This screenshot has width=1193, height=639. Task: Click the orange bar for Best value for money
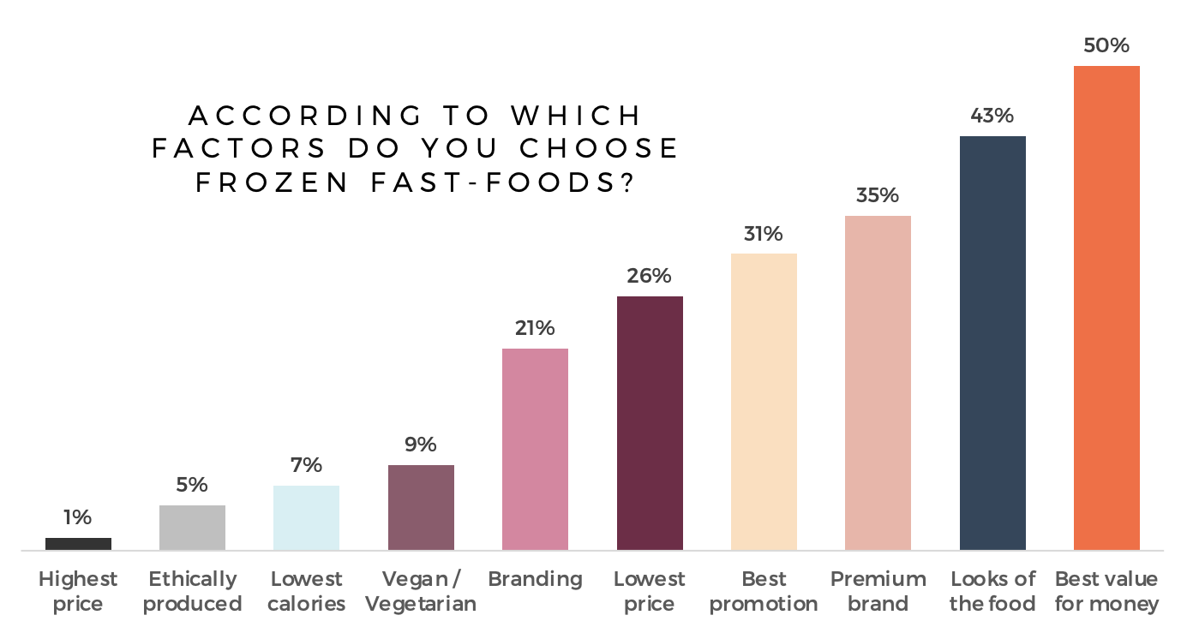1106,308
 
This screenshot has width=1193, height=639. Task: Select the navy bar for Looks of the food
992,343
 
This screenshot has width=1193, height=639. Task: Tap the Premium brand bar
878,382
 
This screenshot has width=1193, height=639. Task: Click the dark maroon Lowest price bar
650,422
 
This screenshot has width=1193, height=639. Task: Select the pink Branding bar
535,448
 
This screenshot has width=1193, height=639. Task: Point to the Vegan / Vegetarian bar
421,507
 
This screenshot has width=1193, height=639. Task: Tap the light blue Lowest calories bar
306,517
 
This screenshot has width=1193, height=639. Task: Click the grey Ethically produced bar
192,527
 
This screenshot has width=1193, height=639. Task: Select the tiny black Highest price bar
78,544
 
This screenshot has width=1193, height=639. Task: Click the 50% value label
1106,46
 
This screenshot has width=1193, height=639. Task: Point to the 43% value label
992,116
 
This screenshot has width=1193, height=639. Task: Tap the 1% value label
77,517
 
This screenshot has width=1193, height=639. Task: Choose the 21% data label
535,328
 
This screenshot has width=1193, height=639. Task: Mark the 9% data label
421,445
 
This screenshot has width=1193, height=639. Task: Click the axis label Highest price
78,591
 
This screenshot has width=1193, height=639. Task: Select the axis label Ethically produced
192,591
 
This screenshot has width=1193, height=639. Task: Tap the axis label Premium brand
878,591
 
